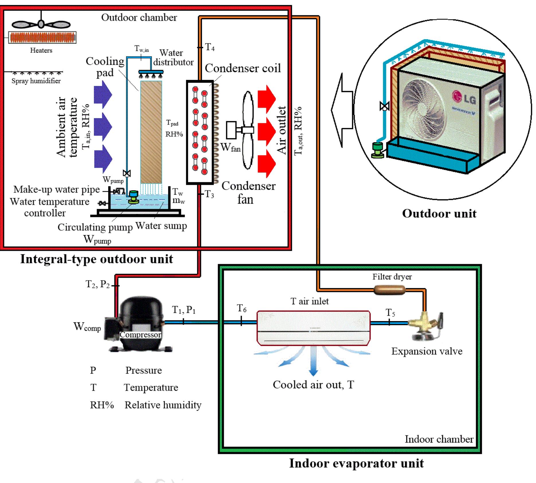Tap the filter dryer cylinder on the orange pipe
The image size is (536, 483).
[389, 290]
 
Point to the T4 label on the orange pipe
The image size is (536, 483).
[210, 47]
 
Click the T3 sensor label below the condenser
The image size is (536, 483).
[209, 195]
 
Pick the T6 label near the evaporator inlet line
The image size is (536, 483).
[241, 309]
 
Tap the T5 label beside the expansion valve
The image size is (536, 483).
[390, 313]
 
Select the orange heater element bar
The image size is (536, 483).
[42, 37]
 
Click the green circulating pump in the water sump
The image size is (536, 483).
[133, 197]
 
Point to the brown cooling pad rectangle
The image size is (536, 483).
[151, 132]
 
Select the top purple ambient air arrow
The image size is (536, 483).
[103, 95]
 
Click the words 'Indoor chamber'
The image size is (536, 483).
[439, 439]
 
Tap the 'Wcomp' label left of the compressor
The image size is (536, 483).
[87, 327]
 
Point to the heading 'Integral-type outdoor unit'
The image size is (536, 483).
[97, 259]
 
